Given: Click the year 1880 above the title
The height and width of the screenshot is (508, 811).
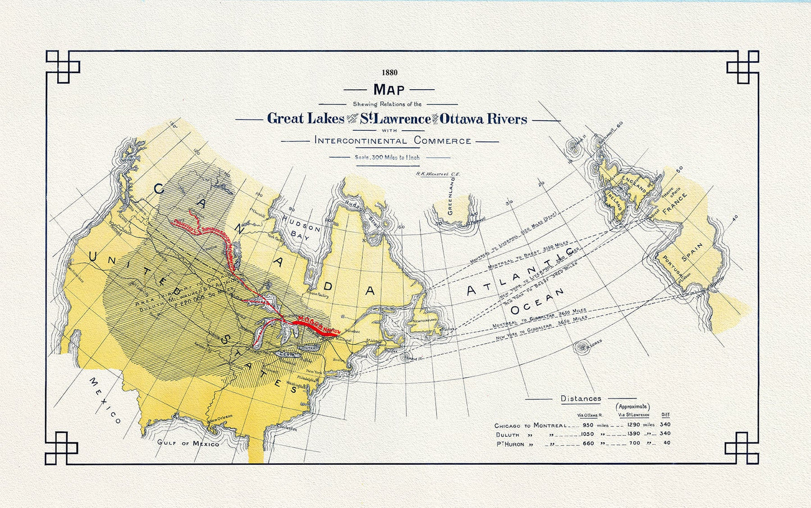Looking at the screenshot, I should (x=389, y=72).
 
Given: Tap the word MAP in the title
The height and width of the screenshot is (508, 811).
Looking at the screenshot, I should (x=388, y=89).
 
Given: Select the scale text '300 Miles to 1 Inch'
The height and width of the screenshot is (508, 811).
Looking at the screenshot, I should (x=387, y=158).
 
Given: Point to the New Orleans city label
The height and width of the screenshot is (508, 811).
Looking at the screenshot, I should (x=220, y=421).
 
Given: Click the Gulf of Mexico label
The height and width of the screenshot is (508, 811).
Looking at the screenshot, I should (x=188, y=443).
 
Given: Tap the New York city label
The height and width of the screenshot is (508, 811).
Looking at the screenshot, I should (x=314, y=372).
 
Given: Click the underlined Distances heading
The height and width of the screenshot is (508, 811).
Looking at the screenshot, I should (x=581, y=399).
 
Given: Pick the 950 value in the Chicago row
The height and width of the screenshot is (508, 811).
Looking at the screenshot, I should (x=588, y=425).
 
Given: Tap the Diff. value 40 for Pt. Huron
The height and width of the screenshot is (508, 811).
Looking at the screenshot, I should (x=666, y=443).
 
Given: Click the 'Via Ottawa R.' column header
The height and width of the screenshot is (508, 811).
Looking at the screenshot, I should (x=589, y=415).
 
